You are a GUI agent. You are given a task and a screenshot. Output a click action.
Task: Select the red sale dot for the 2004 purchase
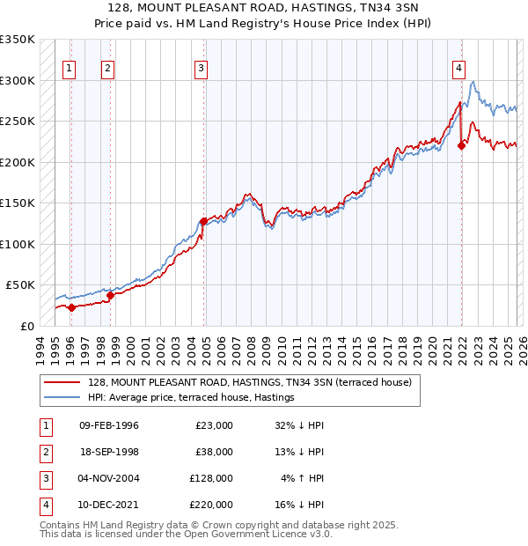(x=203, y=222)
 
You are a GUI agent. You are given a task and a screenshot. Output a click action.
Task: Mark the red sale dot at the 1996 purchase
(x=70, y=307)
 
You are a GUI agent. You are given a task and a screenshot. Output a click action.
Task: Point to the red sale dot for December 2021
(x=461, y=146)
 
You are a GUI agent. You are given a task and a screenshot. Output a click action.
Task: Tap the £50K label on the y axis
(x=19, y=285)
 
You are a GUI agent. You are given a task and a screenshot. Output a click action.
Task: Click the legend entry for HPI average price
(x=190, y=398)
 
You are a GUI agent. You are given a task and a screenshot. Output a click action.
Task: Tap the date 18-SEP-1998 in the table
(x=109, y=452)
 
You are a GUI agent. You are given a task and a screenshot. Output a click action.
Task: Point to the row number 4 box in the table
(x=44, y=505)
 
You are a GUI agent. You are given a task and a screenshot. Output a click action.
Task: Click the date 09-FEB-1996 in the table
(x=109, y=425)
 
